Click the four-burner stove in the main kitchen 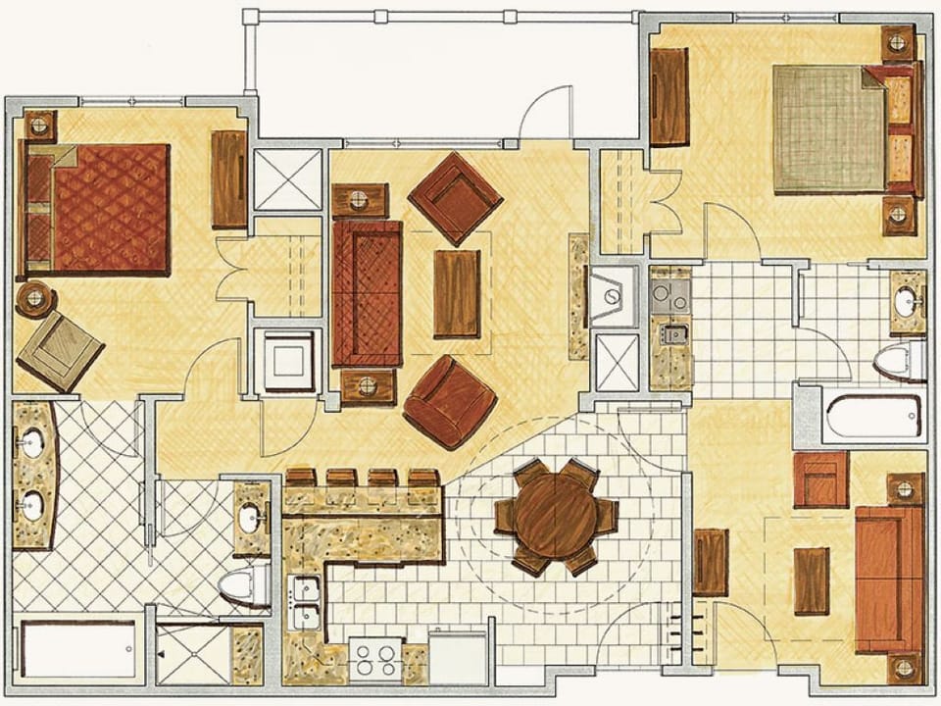[x=375, y=659]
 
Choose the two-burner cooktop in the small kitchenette [x=669, y=291]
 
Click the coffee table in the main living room [x=456, y=293]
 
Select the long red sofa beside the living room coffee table [x=367, y=292]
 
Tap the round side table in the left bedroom [x=35, y=298]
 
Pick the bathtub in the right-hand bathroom [x=872, y=418]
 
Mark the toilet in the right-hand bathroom [x=901, y=360]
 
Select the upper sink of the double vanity [x=32, y=443]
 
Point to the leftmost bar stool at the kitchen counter [x=298, y=479]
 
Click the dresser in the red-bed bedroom [x=228, y=179]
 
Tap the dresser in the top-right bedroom [x=669, y=96]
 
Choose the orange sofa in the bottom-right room [x=888, y=580]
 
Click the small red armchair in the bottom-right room [x=820, y=479]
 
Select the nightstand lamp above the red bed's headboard [x=38, y=125]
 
